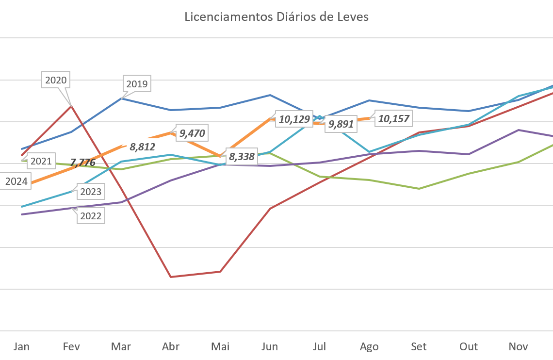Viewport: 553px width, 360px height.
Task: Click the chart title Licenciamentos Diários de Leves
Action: [x=276, y=17]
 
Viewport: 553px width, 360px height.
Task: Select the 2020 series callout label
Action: [x=55, y=81]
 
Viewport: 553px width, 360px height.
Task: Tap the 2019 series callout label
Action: [x=136, y=84]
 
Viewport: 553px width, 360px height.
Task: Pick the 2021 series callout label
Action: [x=41, y=161]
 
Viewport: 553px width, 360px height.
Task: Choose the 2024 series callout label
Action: [x=16, y=182]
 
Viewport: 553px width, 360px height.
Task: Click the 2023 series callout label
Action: [x=91, y=192]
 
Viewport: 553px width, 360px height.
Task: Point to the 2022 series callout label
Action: [x=91, y=216]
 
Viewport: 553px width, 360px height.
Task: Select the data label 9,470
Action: [x=192, y=133]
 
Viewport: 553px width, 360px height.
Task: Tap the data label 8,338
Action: [x=242, y=157]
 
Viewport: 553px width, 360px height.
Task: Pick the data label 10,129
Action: [x=293, y=119]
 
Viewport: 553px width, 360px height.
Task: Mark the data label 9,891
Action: [x=341, y=124]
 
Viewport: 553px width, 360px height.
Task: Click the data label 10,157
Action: [x=393, y=118]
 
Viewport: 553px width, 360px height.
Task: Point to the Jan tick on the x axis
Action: [x=21, y=346]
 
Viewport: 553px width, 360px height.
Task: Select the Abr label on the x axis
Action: [x=171, y=346]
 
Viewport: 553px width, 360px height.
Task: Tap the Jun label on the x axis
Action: [x=270, y=346]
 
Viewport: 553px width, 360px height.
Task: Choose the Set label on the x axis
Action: [x=419, y=346]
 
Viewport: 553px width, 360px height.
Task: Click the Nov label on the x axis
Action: [x=518, y=346]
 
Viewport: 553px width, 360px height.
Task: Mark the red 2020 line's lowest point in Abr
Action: [x=171, y=277]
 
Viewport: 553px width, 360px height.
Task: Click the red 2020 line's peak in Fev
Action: [x=71, y=105]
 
